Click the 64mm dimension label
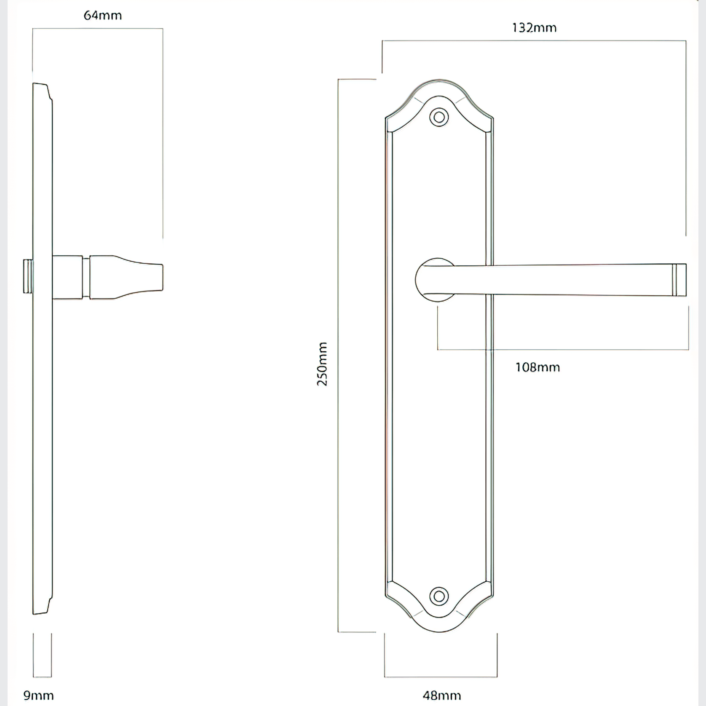tap(103, 16)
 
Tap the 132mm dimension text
tap(534, 28)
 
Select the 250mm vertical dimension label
tap(322, 364)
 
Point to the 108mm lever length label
tap(538, 367)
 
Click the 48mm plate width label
tap(441, 695)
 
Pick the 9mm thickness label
tap(38, 695)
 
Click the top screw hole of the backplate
tap(439, 118)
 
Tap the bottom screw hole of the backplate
tap(439, 596)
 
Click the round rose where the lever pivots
tap(430, 280)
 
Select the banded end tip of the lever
tap(679, 280)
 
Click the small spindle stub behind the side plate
tap(28, 276)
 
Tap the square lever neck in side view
tap(67, 277)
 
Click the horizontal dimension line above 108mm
tap(563, 349)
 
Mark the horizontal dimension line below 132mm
tap(534, 41)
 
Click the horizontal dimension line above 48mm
tap(441, 677)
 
